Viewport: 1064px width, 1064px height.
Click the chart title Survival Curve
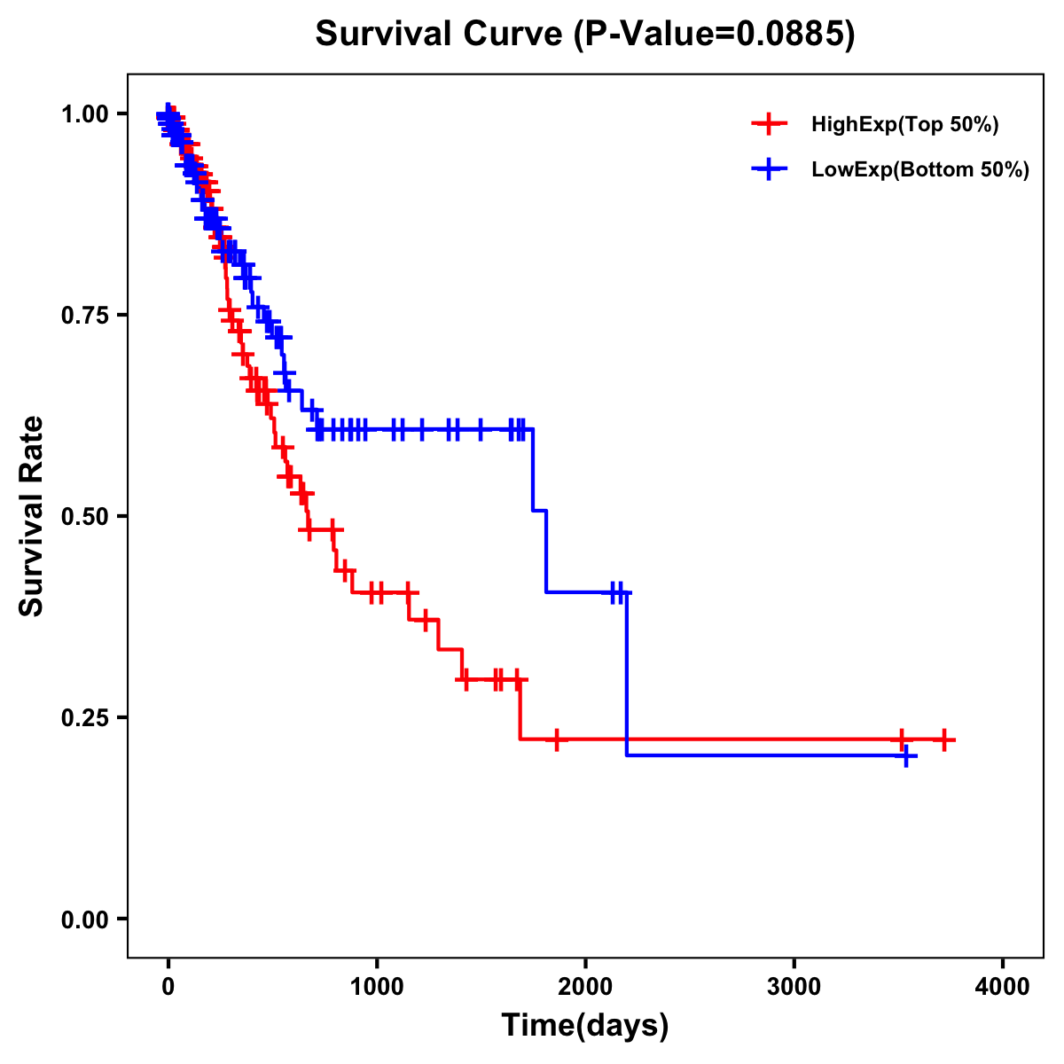438,35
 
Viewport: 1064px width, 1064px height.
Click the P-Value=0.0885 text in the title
715,35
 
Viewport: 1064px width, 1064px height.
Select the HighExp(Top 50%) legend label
904,125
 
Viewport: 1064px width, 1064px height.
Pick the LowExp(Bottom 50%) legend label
919,169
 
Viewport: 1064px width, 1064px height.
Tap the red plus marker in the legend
769,124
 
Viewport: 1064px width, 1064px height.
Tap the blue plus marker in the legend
769,168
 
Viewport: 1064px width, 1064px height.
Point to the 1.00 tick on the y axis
84,114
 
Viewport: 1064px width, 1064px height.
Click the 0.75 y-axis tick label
84,316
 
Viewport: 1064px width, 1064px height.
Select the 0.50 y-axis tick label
84,517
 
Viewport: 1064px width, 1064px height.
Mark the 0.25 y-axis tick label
84,718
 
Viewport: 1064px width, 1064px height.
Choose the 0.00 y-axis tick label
84,919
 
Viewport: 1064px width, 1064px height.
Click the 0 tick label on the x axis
168,987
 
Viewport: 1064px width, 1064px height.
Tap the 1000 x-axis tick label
377,987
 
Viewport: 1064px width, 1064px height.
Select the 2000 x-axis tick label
585,987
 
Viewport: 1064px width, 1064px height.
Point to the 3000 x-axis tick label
794,987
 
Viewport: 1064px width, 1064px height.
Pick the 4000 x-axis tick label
1003,987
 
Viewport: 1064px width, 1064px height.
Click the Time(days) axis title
585,1026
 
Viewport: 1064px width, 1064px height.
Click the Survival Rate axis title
33,516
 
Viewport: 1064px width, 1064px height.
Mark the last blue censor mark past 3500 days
906,755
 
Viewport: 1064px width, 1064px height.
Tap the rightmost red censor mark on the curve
944,739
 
